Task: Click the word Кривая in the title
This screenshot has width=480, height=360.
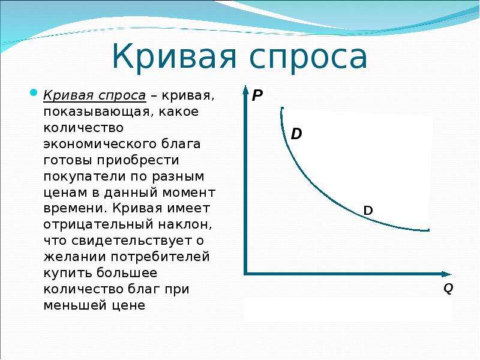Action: pyautogui.click(x=174, y=56)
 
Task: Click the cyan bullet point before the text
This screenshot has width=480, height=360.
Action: pyautogui.click(x=34, y=92)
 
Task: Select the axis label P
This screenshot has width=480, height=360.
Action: pyautogui.click(x=257, y=96)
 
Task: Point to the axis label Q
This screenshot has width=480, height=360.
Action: pyautogui.click(x=448, y=289)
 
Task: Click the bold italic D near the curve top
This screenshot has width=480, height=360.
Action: pyautogui.click(x=296, y=134)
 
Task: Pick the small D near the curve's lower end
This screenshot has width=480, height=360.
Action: pyautogui.click(x=368, y=211)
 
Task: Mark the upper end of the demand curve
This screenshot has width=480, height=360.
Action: pyautogui.click(x=281, y=108)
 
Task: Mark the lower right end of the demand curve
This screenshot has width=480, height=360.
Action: pyautogui.click(x=428, y=230)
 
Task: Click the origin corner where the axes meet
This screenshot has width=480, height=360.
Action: pyautogui.click(x=245, y=274)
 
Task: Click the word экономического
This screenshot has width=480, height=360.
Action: pyautogui.click(x=100, y=144)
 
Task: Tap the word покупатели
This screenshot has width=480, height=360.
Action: pyautogui.click(x=83, y=177)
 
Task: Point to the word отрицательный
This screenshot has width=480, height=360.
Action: pyautogui.click(x=98, y=224)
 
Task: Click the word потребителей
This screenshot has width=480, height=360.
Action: pyautogui.click(x=160, y=257)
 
